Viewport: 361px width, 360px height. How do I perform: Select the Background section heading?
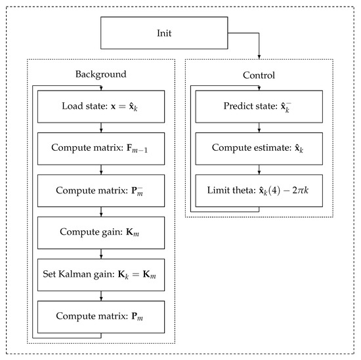click(x=101, y=74)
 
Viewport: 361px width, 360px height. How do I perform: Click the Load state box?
click(x=101, y=106)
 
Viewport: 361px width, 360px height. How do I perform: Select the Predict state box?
click(x=259, y=106)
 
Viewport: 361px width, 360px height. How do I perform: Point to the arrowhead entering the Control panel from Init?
click(x=259, y=55)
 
